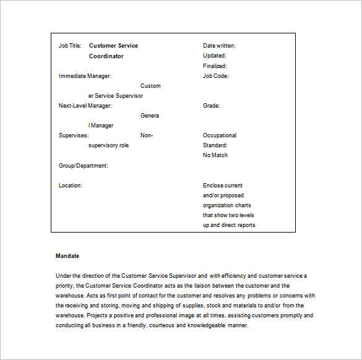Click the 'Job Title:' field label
pos(70,46)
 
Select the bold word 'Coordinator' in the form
pos(106,56)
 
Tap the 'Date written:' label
pos(219,46)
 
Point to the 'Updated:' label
pos(214,56)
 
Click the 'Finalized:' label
pos(215,66)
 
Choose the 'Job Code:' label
pos(215,76)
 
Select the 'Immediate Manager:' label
pos(85,76)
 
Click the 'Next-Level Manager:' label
pos(85,106)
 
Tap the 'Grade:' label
pos(211,106)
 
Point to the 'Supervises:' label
pos(74,135)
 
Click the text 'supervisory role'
pos(109,145)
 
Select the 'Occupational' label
pos(220,135)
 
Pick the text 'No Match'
pos(215,155)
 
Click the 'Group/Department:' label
pos(83,166)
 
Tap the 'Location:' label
pos(71,186)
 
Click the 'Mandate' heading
pos(67,255)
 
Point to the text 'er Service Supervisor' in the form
pos(116,96)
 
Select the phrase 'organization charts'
pos(226,205)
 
